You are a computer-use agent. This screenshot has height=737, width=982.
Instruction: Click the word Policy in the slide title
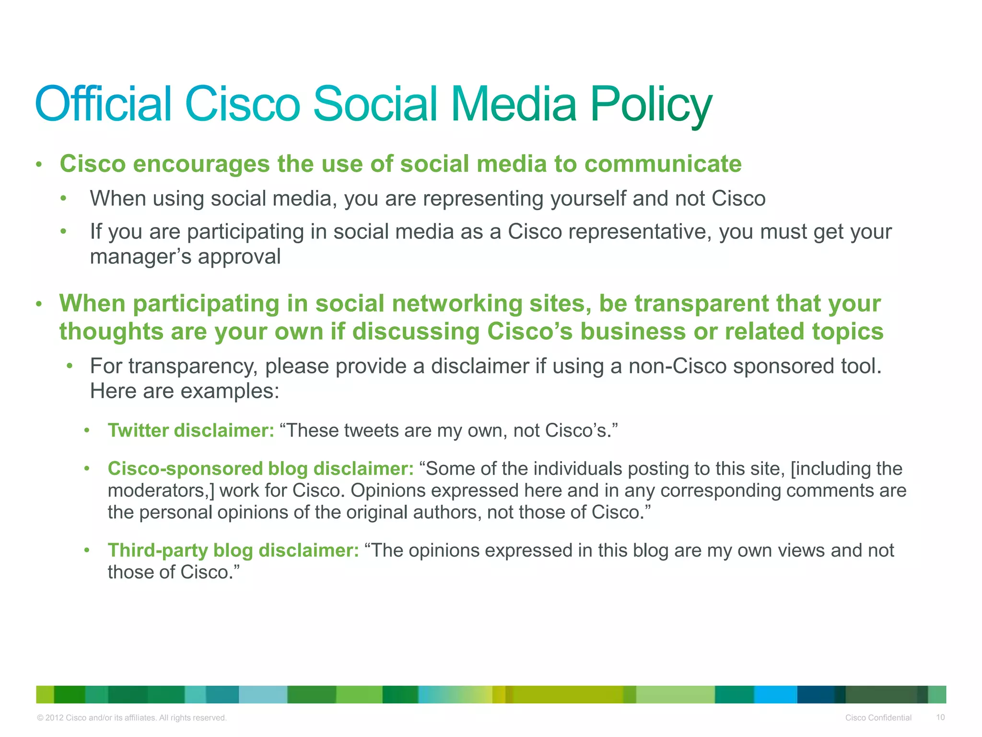pyautogui.click(x=651, y=105)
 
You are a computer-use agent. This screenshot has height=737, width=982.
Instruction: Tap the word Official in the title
pyautogui.click(x=103, y=104)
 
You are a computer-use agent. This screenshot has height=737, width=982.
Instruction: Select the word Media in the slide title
pyautogui.click(x=514, y=104)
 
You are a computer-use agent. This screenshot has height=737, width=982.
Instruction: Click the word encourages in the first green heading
pyautogui.click(x=201, y=164)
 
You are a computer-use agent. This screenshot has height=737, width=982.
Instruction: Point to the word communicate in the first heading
pyautogui.click(x=663, y=164)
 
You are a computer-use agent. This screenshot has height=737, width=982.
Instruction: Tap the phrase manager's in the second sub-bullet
pyautogui.click(x=140, y=257)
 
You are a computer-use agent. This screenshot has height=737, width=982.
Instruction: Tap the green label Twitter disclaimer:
pyautogui.click(x=191, y=430)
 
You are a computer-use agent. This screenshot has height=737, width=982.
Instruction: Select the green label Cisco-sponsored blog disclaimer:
pyautogui.click(x=260, y=469)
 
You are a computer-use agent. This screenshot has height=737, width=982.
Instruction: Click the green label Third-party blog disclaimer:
pyautogui.click(x=233, y=550)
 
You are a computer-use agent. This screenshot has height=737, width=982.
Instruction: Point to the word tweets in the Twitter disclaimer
pyautogui.click(x=371, y=430)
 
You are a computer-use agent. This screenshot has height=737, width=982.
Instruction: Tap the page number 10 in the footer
pyautogui.click(x=940, y=717)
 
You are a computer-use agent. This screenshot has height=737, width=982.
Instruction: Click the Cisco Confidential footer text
pyautogui.click(x=878, y=718)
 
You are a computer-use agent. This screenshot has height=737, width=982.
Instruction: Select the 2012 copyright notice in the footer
pyautogui.click(x=131, y=718)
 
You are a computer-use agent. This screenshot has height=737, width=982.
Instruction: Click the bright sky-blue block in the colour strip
pyautogui.click(x=775, y=694)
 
